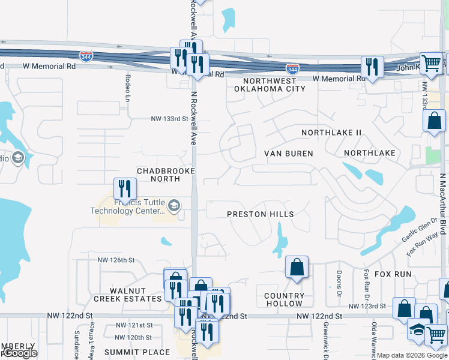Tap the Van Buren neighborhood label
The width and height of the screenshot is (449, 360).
pos(289,154)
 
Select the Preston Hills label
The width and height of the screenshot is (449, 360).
pos(261,214)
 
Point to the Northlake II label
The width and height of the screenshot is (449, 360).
pos(331,132)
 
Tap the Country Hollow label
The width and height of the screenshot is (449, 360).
pos(285,299)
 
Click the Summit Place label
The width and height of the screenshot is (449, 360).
pos(137,352)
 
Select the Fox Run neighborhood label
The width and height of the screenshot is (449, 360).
pos(393,274)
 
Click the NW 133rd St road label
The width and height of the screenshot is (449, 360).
pos(169,119)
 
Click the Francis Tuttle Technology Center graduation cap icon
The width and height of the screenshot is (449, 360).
pos(173,206)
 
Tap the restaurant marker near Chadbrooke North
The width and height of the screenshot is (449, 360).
pos(124,188)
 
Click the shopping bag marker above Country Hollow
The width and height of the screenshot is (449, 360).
pos(297,266)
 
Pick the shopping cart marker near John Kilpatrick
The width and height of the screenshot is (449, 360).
pos(430,62)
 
